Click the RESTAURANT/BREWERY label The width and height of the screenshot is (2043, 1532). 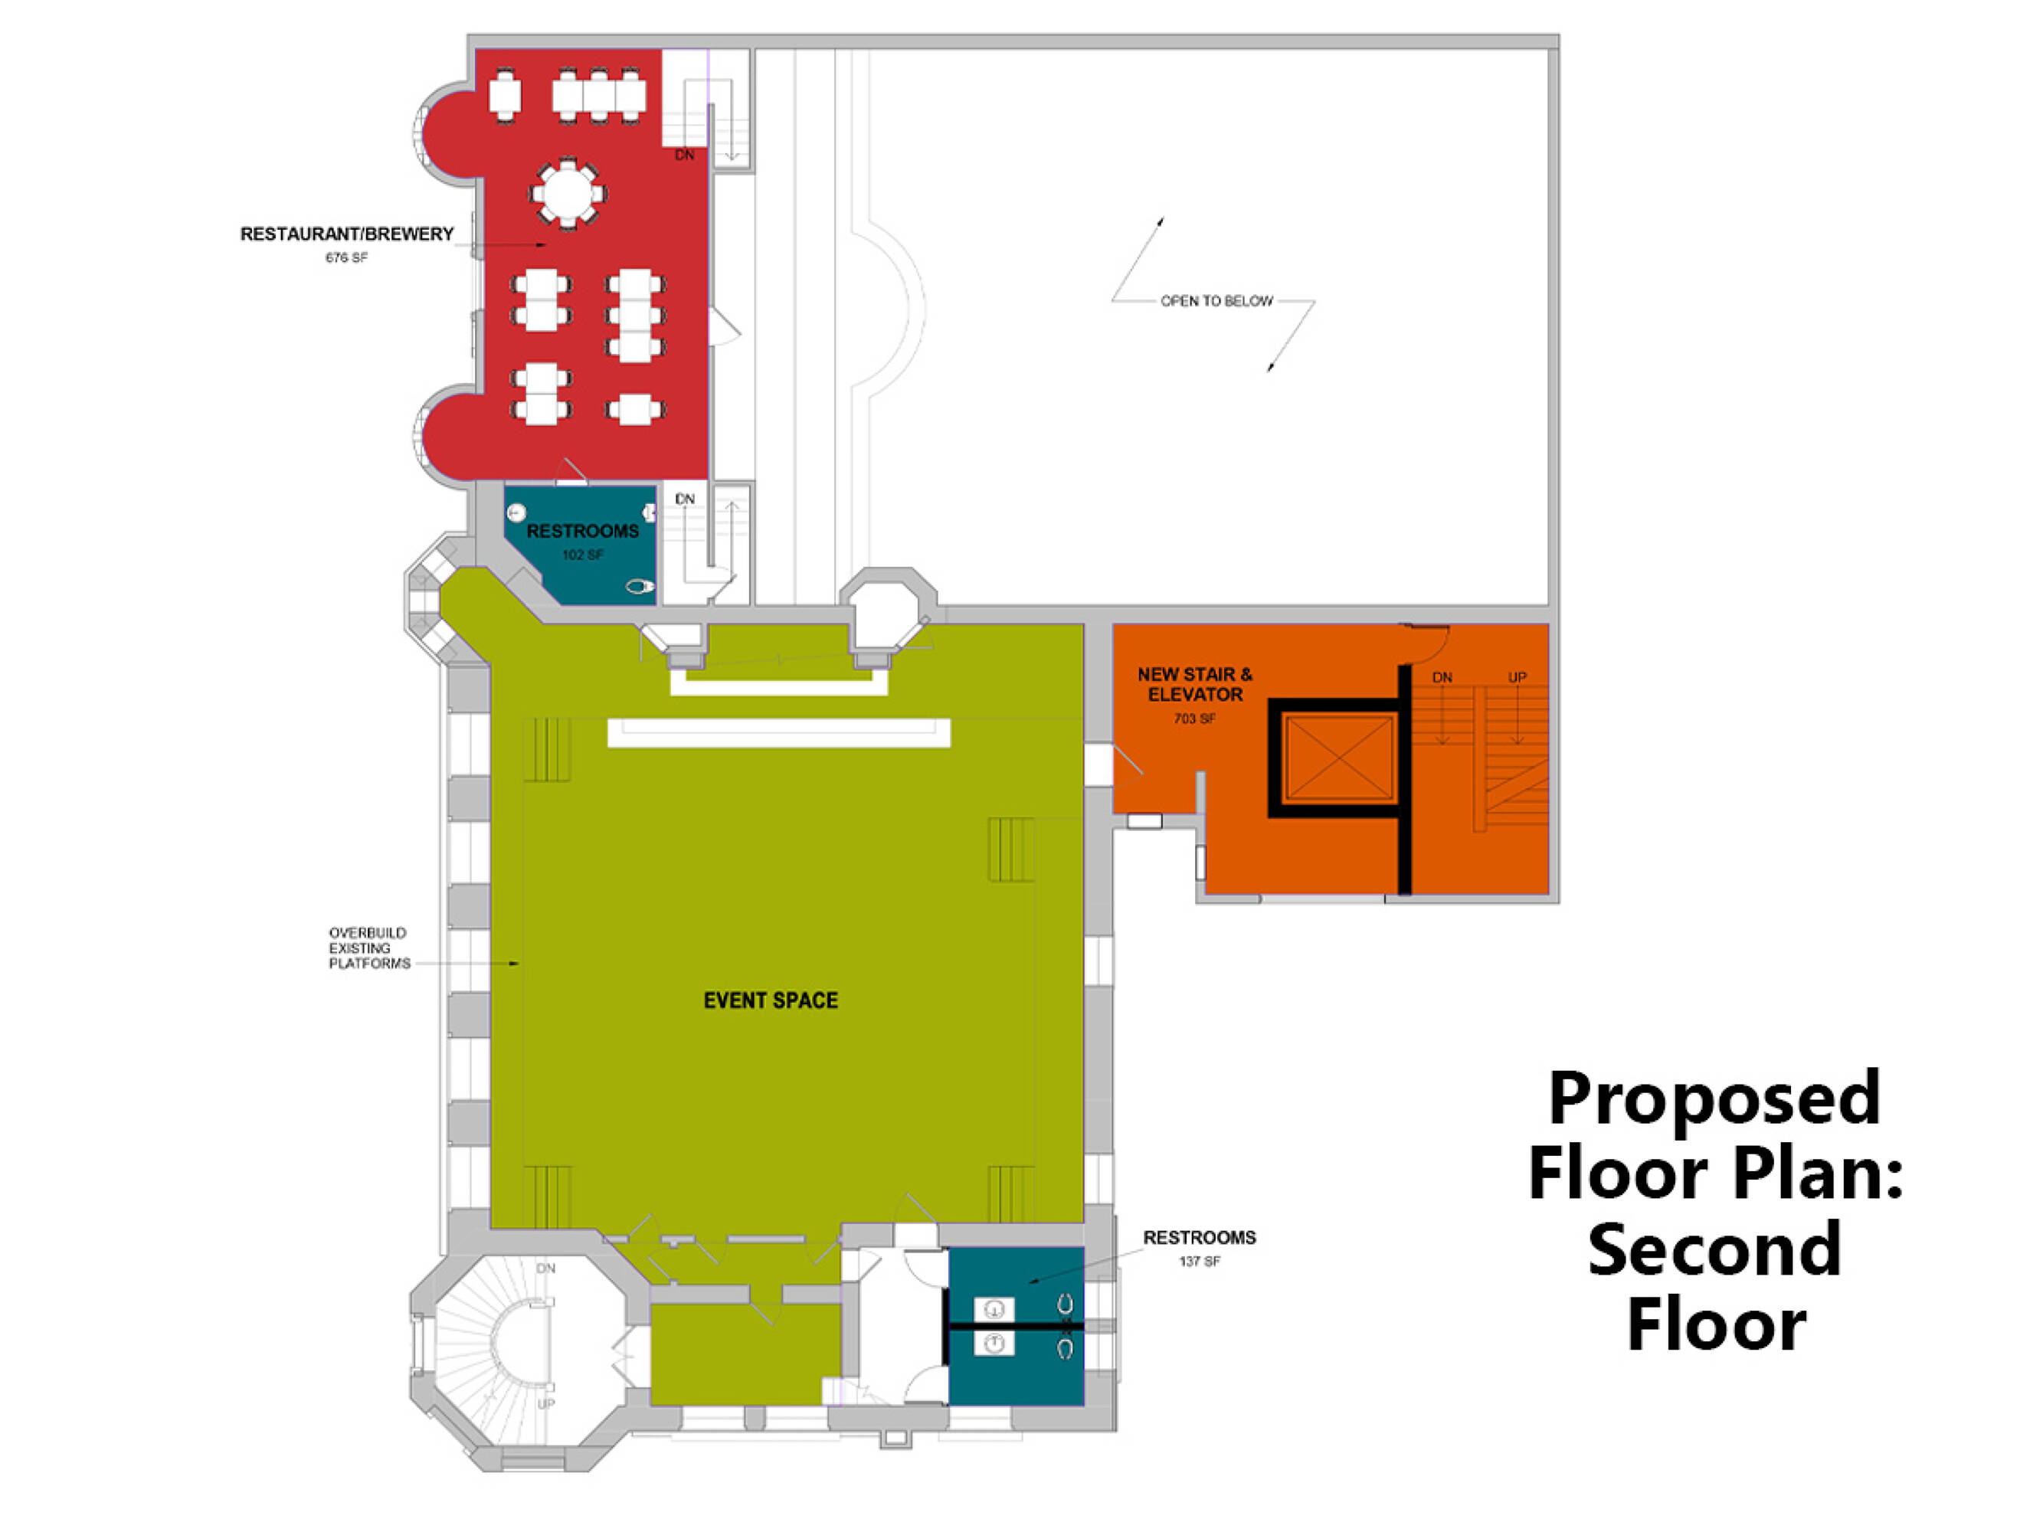click(347, 234)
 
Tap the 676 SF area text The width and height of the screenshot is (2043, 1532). click(346, 257)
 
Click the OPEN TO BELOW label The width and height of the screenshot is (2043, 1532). click(1216, 301)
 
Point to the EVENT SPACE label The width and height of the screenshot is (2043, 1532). click(771, 1000)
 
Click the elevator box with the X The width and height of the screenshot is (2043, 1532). click(1338, 758)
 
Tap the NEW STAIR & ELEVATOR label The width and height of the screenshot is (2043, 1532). click(1195, 684)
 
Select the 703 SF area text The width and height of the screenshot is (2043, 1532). click(1194, 719)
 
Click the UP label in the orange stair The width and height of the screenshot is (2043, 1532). click(1518, 677)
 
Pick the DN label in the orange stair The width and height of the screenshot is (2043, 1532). click(1442, 677)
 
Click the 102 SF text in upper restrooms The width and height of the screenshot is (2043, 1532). click(583, 555)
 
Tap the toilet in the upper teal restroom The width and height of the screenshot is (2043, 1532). click(639, 587)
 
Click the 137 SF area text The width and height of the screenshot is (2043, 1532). click(1200, 1261)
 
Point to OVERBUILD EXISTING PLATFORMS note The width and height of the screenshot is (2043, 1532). click(369, 948)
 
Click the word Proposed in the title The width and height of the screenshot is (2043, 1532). click(1714, 1099)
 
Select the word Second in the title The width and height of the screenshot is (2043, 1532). click(1714, 1249)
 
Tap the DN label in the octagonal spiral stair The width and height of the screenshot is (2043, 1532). click(546, 1268)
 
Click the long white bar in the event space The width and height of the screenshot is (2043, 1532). click(778, 732)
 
